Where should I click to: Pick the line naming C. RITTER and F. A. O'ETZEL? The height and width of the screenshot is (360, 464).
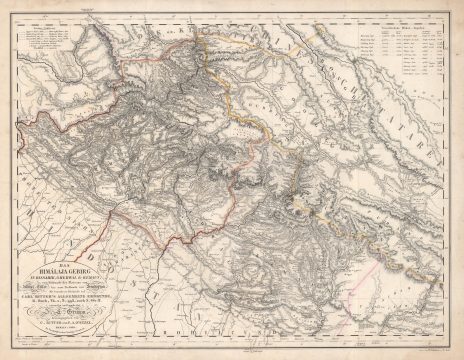pos(62,323)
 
